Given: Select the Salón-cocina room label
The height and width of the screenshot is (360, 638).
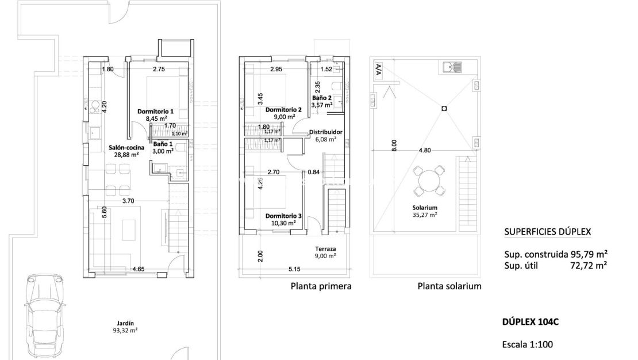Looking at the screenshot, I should [x=124, y=148].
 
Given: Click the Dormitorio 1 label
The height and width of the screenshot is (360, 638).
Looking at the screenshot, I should [x=155, y=111].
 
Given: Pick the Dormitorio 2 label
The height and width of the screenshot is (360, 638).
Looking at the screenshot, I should [x=283, y=109].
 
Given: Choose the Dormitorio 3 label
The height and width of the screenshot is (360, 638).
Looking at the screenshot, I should [x=280, y=216].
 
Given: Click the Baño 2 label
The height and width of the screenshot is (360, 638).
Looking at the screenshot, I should [x=322, y=98].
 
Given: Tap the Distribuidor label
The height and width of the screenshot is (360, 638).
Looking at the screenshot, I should [x=326, y=132].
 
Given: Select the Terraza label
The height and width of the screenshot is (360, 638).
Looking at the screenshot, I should [x=325, y=249].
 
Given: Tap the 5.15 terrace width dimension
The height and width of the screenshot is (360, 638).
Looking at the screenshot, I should [x=295, y=269].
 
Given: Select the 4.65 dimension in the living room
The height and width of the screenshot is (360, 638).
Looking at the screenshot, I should [x=139, y=269].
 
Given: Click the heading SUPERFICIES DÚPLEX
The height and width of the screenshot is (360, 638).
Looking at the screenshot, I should [x=547, y=232].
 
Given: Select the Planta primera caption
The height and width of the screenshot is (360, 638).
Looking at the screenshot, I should [x=321, y=286].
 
